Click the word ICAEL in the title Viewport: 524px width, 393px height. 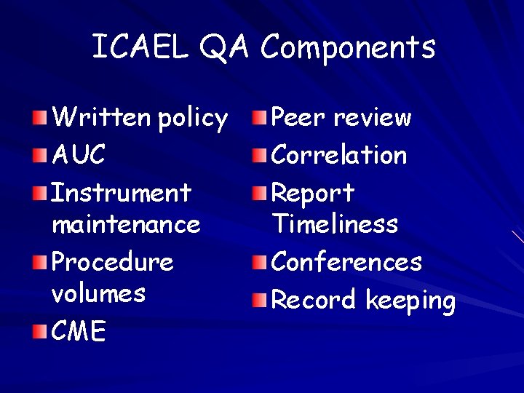pyautogui.click(x=139, y=47)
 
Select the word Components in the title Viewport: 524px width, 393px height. pyautogui.click(x=348, y=47)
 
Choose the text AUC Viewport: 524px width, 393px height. pyautogui.click(x=79, y=154)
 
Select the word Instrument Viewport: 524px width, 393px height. pyautogui.click(x=121, y=193)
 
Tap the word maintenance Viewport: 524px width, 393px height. pyautogui.click(x=126, y=223)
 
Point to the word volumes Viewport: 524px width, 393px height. pyautogui.click(x=99, y=293)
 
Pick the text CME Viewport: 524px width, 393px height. pyautogui.click(x=79, y=332)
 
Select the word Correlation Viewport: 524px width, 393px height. pyautogui.click(x=339, y=154)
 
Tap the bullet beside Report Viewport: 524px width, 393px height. pyautogui.click(x=260, y=194)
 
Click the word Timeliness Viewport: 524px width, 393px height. pyautogui.click(x=335, y=223)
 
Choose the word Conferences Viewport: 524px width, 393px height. pyautogui.click(x=346, y=262)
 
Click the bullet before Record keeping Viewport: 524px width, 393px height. pyautogui.click(x=260, y=300)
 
